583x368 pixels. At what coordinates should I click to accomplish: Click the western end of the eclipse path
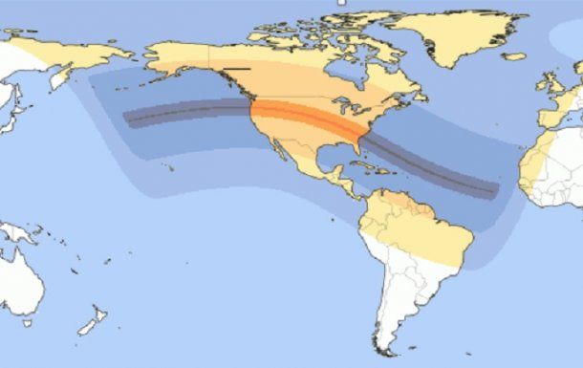point(128,119)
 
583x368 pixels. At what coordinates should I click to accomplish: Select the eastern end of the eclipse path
point(495,191)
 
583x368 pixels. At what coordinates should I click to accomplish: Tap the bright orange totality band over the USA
point(306,119)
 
